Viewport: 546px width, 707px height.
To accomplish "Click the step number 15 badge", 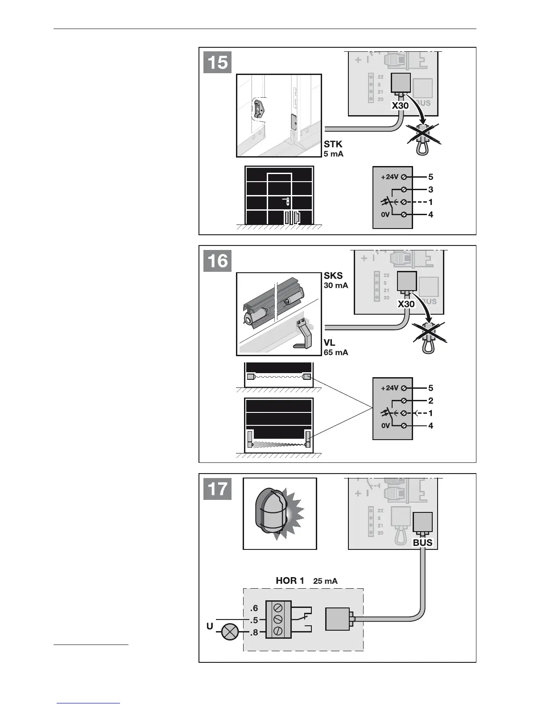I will tap(218, 62).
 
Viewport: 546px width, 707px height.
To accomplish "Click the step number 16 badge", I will tap(218, 261).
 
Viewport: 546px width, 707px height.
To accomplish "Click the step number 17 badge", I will tap(218, 489).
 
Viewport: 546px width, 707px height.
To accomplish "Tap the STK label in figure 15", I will tap(333, 144).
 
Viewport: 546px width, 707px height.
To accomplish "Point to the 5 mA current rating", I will tap(334, 154).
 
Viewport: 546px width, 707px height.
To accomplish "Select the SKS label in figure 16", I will tap(333, 276).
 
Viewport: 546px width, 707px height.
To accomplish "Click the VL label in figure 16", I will tap(330, 343).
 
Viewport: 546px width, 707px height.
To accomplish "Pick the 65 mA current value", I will tap(336, 352).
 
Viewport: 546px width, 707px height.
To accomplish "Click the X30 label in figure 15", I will tap(400, 106).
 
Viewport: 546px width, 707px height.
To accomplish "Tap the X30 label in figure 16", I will tap(406, 304).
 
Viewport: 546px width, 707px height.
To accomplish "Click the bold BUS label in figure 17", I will tap(422, 543).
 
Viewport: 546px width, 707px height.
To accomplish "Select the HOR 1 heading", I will tap(290, 581).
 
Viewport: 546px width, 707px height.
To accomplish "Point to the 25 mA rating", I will tap(325, 581).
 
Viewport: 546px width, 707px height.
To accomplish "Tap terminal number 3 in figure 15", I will tap(430, 190).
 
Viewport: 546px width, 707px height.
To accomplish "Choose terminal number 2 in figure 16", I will tap(430, 401).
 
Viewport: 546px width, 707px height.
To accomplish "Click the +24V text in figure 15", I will tap(389, 177).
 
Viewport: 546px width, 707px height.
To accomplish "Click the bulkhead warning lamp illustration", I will tap(272, 513).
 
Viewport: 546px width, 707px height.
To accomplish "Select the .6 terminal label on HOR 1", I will tap(254, 608).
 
